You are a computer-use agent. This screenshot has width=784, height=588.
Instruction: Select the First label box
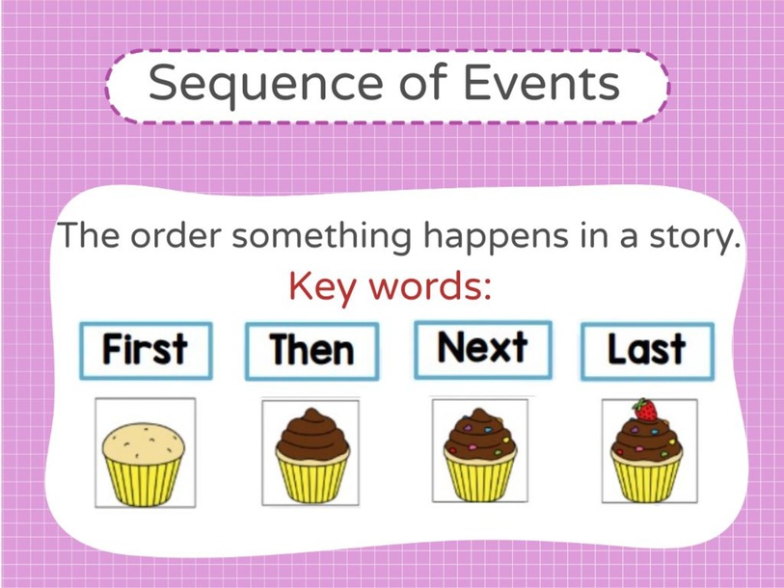145,350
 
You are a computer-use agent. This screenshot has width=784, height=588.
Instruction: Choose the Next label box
482,347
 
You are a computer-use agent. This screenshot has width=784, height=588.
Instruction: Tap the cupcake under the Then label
311,452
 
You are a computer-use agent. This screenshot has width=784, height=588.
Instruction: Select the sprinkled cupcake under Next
479,451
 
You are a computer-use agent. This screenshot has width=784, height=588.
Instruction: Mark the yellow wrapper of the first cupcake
144,479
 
